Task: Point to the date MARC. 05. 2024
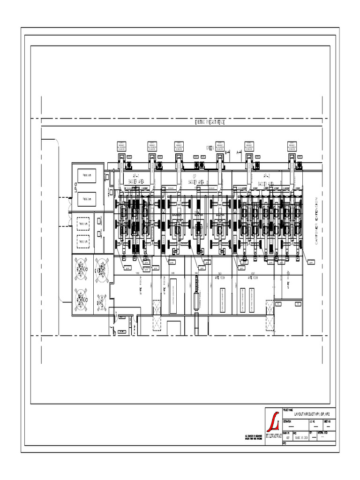pyautogui.click(x=300, y=439)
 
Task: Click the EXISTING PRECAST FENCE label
pyautogui.click(x=210, y=122)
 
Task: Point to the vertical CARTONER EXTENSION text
pyautogui.click(x=317, y=221)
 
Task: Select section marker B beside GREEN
pyautogui.click(x=227, y=152)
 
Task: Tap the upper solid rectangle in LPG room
pyautogui.click(x=86, y=176)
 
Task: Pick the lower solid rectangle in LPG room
pyautogui.click(x=86, y=199)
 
